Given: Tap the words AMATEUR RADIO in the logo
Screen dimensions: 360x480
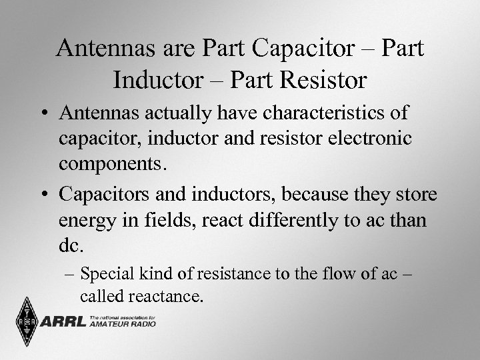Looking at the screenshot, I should pyautogui.click(x=124, y=325).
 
